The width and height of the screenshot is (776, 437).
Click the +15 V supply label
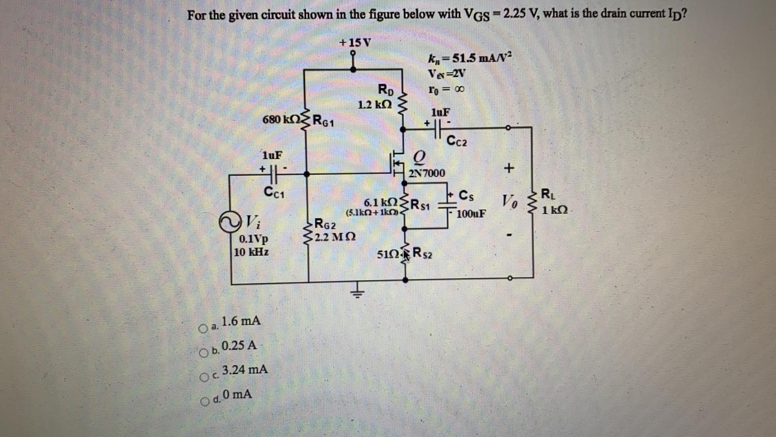click(355, 43)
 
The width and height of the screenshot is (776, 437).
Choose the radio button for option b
click(205, 353)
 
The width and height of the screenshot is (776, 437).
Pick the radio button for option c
click(205, 377)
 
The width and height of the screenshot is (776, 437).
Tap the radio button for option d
click(205, 401)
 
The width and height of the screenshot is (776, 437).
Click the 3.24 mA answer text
click(244, 370)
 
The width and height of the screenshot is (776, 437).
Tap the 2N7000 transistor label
click(427, 173)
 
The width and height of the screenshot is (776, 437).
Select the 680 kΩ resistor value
click(280, 119)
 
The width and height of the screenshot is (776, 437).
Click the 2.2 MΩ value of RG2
click(335, 237)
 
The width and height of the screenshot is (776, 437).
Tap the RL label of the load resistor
click(545, 195)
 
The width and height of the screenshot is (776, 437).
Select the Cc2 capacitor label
click(457, 142)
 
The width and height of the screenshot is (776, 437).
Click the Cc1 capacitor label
click(274, 192)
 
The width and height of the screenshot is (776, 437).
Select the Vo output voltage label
click(509, 200)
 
